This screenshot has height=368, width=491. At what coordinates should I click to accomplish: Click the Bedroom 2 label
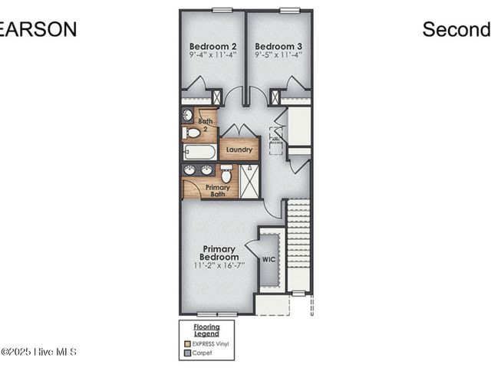(213, 45)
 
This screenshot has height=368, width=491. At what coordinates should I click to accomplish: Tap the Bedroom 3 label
(278, 45)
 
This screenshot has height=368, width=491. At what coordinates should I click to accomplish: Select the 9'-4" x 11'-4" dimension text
(213, 55)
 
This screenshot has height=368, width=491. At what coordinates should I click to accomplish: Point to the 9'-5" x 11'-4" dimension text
(278, 55)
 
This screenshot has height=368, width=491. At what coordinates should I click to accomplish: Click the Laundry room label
(239, 149)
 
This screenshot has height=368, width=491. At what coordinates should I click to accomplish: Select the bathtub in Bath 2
(199, 151)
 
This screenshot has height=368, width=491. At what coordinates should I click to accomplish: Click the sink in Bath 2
(188, 115)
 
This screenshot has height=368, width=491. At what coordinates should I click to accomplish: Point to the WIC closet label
(269, 260)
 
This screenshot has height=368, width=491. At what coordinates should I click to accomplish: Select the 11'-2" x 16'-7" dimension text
(220, 265)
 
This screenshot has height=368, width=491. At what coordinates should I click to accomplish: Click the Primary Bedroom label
(220, 252)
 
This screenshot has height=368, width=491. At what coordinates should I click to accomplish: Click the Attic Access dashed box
(276, 140)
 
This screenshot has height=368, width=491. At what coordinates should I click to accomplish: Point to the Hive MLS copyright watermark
(38, 352)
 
